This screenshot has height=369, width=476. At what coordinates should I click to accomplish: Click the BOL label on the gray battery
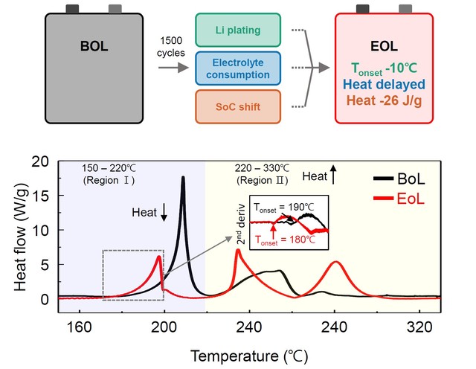tap(95, 46)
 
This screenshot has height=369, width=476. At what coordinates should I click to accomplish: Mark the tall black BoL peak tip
tap(183, 177)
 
